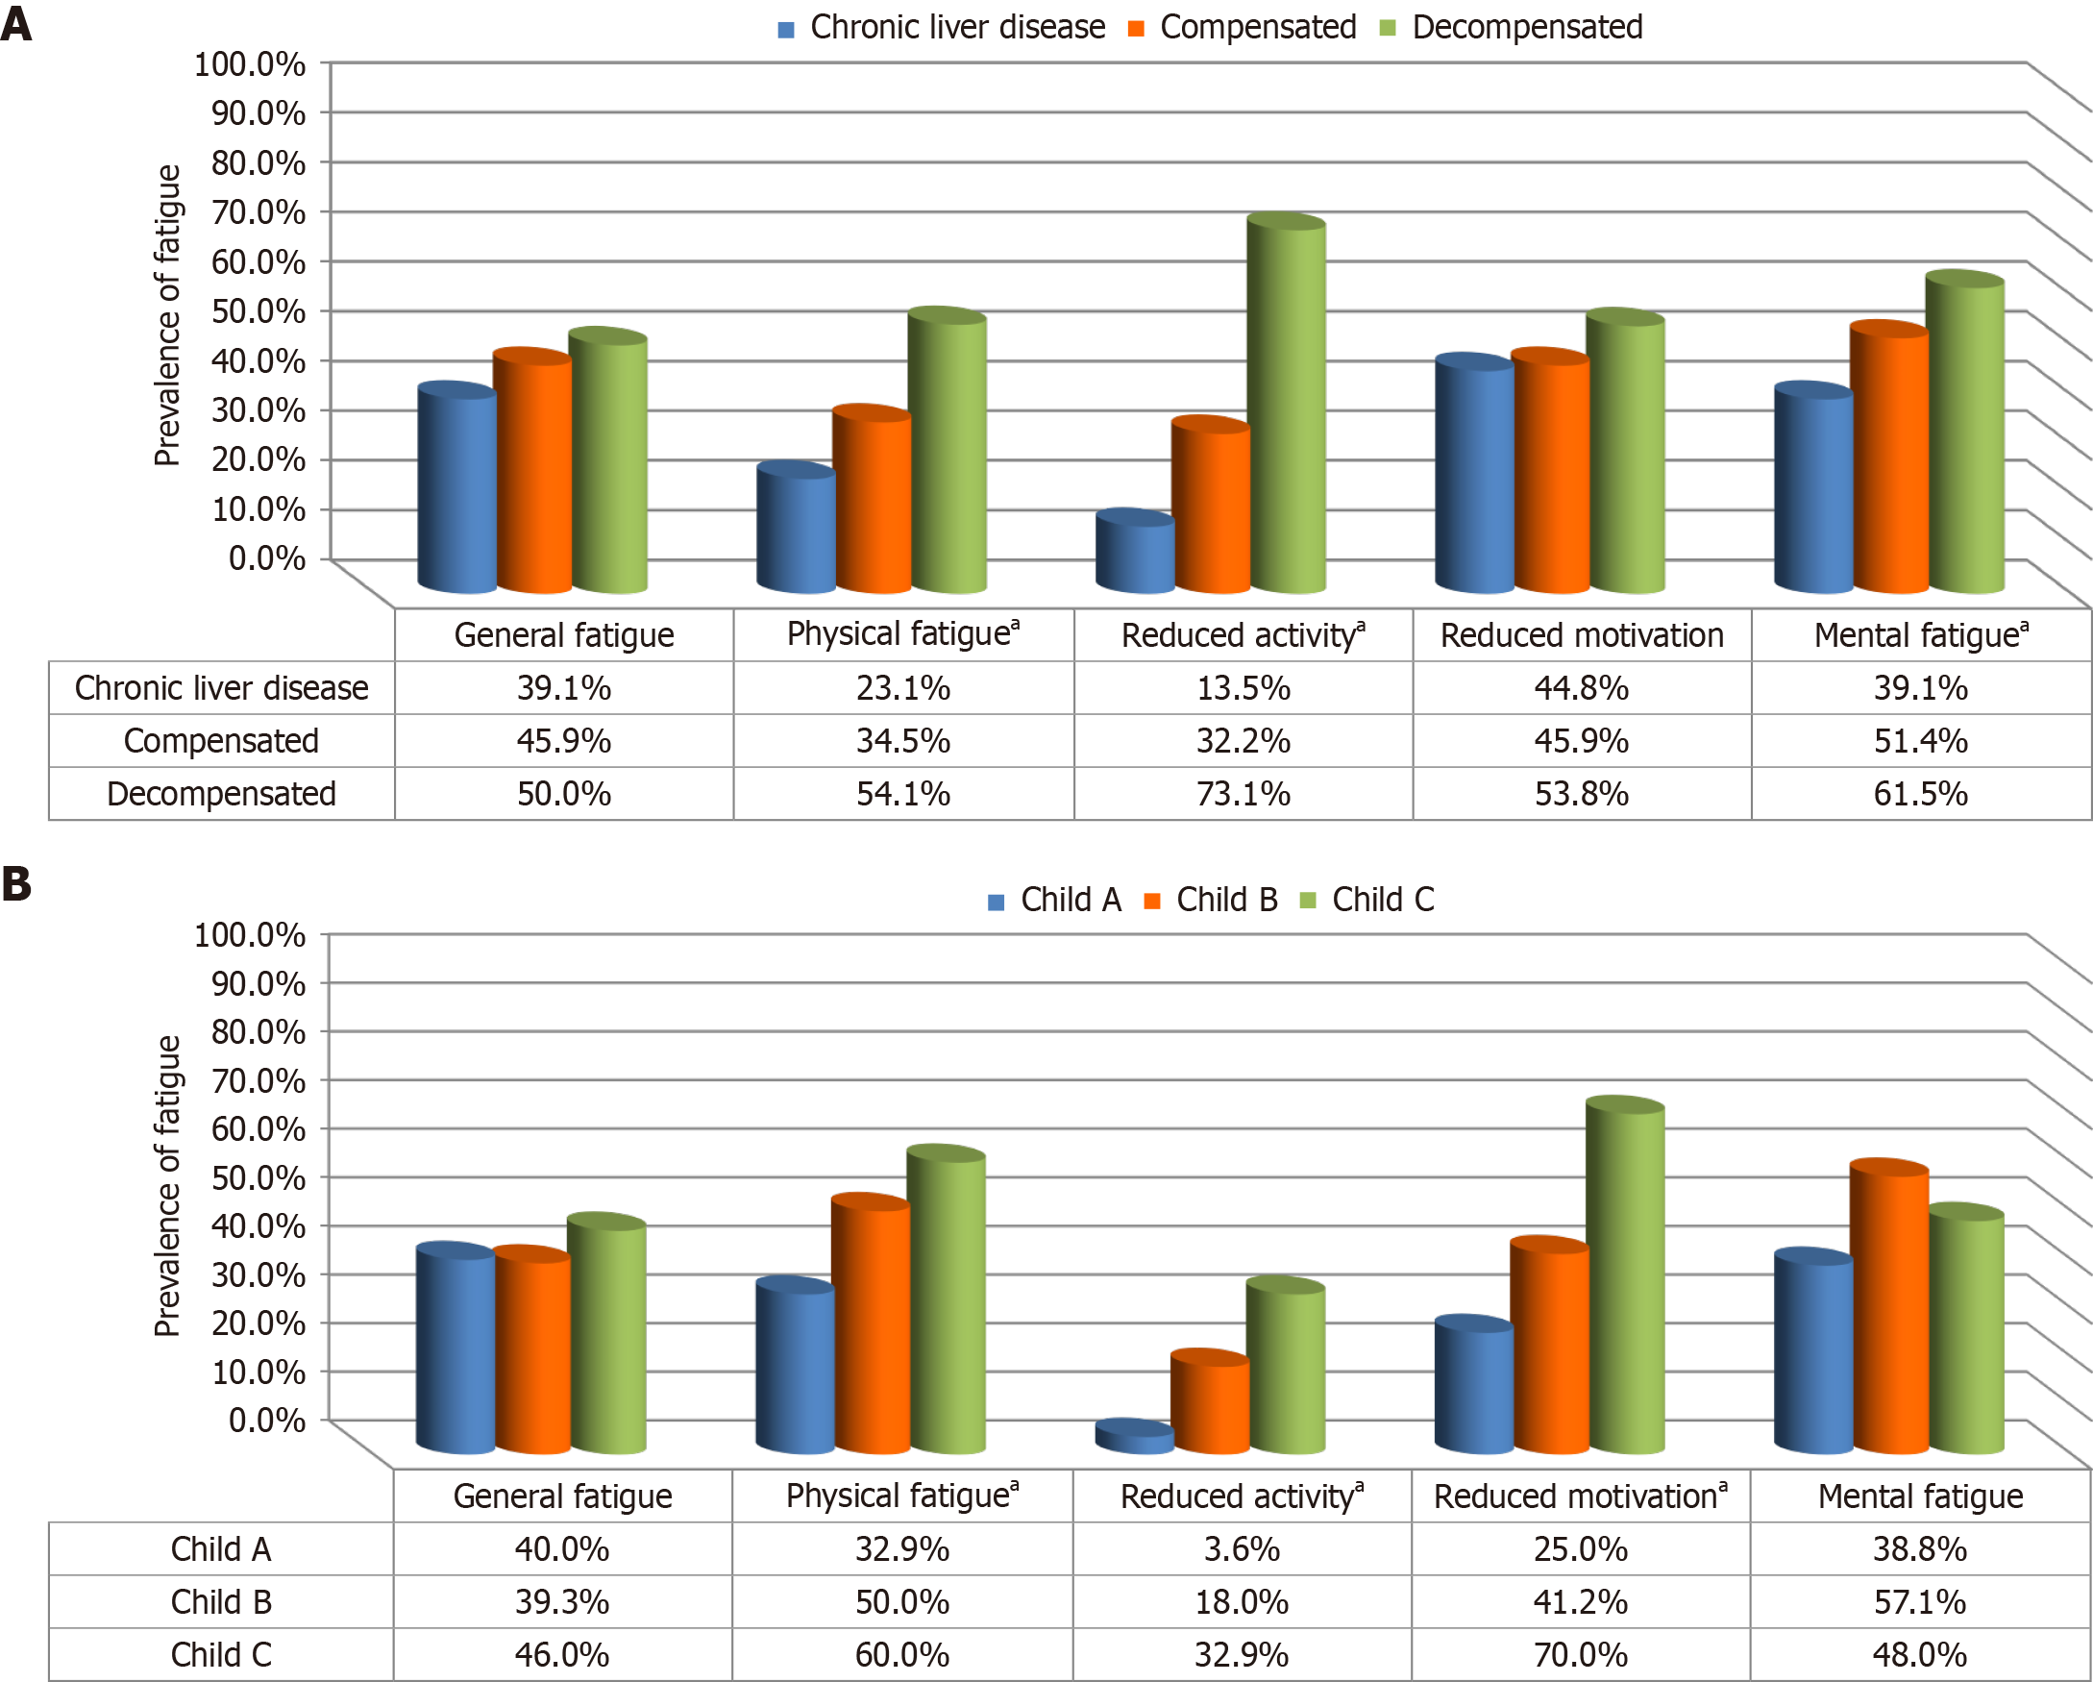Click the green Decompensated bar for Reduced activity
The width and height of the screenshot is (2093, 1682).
click(1288, 408)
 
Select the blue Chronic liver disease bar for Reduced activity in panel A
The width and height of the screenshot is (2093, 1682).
click(1134, 554)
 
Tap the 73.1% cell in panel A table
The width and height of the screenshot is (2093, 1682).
click(1243, 793)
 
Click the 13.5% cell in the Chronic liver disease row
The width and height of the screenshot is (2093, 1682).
click(1243, 687)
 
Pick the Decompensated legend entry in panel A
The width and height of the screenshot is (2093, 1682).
click(1512, 27)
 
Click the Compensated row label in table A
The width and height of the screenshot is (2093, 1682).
click(221, 741)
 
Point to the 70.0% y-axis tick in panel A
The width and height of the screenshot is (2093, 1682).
click(259, 211)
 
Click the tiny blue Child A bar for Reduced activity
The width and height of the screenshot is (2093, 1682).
click(1134, 1437)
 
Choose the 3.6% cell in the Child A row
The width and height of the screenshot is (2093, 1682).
click(1242, 1549)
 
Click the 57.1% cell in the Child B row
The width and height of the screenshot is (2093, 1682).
click(1919, 1601)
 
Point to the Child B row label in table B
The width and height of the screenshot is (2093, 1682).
click(221, 1601)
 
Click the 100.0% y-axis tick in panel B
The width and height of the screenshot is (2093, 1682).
click(250, 935)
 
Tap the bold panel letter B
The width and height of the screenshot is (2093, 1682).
click(16, 884)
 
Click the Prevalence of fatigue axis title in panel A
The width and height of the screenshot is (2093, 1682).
click(168, 315)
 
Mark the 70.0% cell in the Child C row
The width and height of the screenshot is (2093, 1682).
click(1581, 1655)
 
